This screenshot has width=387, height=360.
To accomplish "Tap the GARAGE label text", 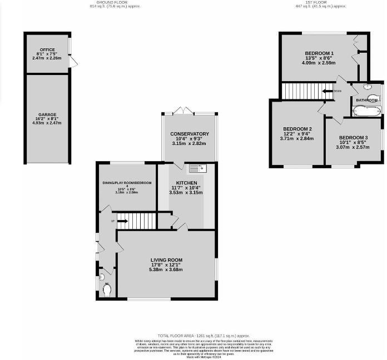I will tap(47, 114).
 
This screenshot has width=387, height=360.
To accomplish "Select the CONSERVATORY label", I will tap(189, 134).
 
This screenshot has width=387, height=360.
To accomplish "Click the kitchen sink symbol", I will tap(196, 168).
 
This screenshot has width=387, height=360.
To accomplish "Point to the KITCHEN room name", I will tap(187, 183).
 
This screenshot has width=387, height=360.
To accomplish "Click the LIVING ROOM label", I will tap(166, 260).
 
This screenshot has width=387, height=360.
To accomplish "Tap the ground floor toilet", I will tap(107, 288).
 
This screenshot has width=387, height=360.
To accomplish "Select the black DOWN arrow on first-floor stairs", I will tap(327, 91).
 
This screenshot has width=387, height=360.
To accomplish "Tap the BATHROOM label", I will tap(367, 100).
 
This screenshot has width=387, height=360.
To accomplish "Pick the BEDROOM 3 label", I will tap(354, 137).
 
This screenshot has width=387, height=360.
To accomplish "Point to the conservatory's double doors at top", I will tap(183, 112).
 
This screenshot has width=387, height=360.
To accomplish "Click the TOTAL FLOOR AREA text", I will tap(204, 336).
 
